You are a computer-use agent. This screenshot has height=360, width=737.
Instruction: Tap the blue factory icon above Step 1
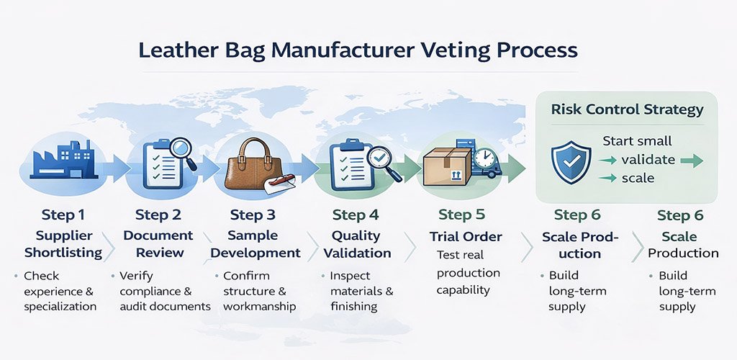61,160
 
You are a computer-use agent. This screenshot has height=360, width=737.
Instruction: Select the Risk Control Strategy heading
627,110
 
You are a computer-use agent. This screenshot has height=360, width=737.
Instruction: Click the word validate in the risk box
648,159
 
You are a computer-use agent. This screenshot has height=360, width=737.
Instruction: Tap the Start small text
637,140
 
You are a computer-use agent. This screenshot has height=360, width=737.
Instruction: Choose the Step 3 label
253,215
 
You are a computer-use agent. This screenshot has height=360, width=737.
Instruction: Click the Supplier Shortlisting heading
63,244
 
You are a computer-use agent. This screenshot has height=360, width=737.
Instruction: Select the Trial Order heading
466,236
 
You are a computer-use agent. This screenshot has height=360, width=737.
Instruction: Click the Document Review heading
158,244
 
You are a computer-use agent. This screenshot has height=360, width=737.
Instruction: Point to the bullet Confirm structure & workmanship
254,291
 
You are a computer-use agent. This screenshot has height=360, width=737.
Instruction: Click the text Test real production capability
469,272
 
